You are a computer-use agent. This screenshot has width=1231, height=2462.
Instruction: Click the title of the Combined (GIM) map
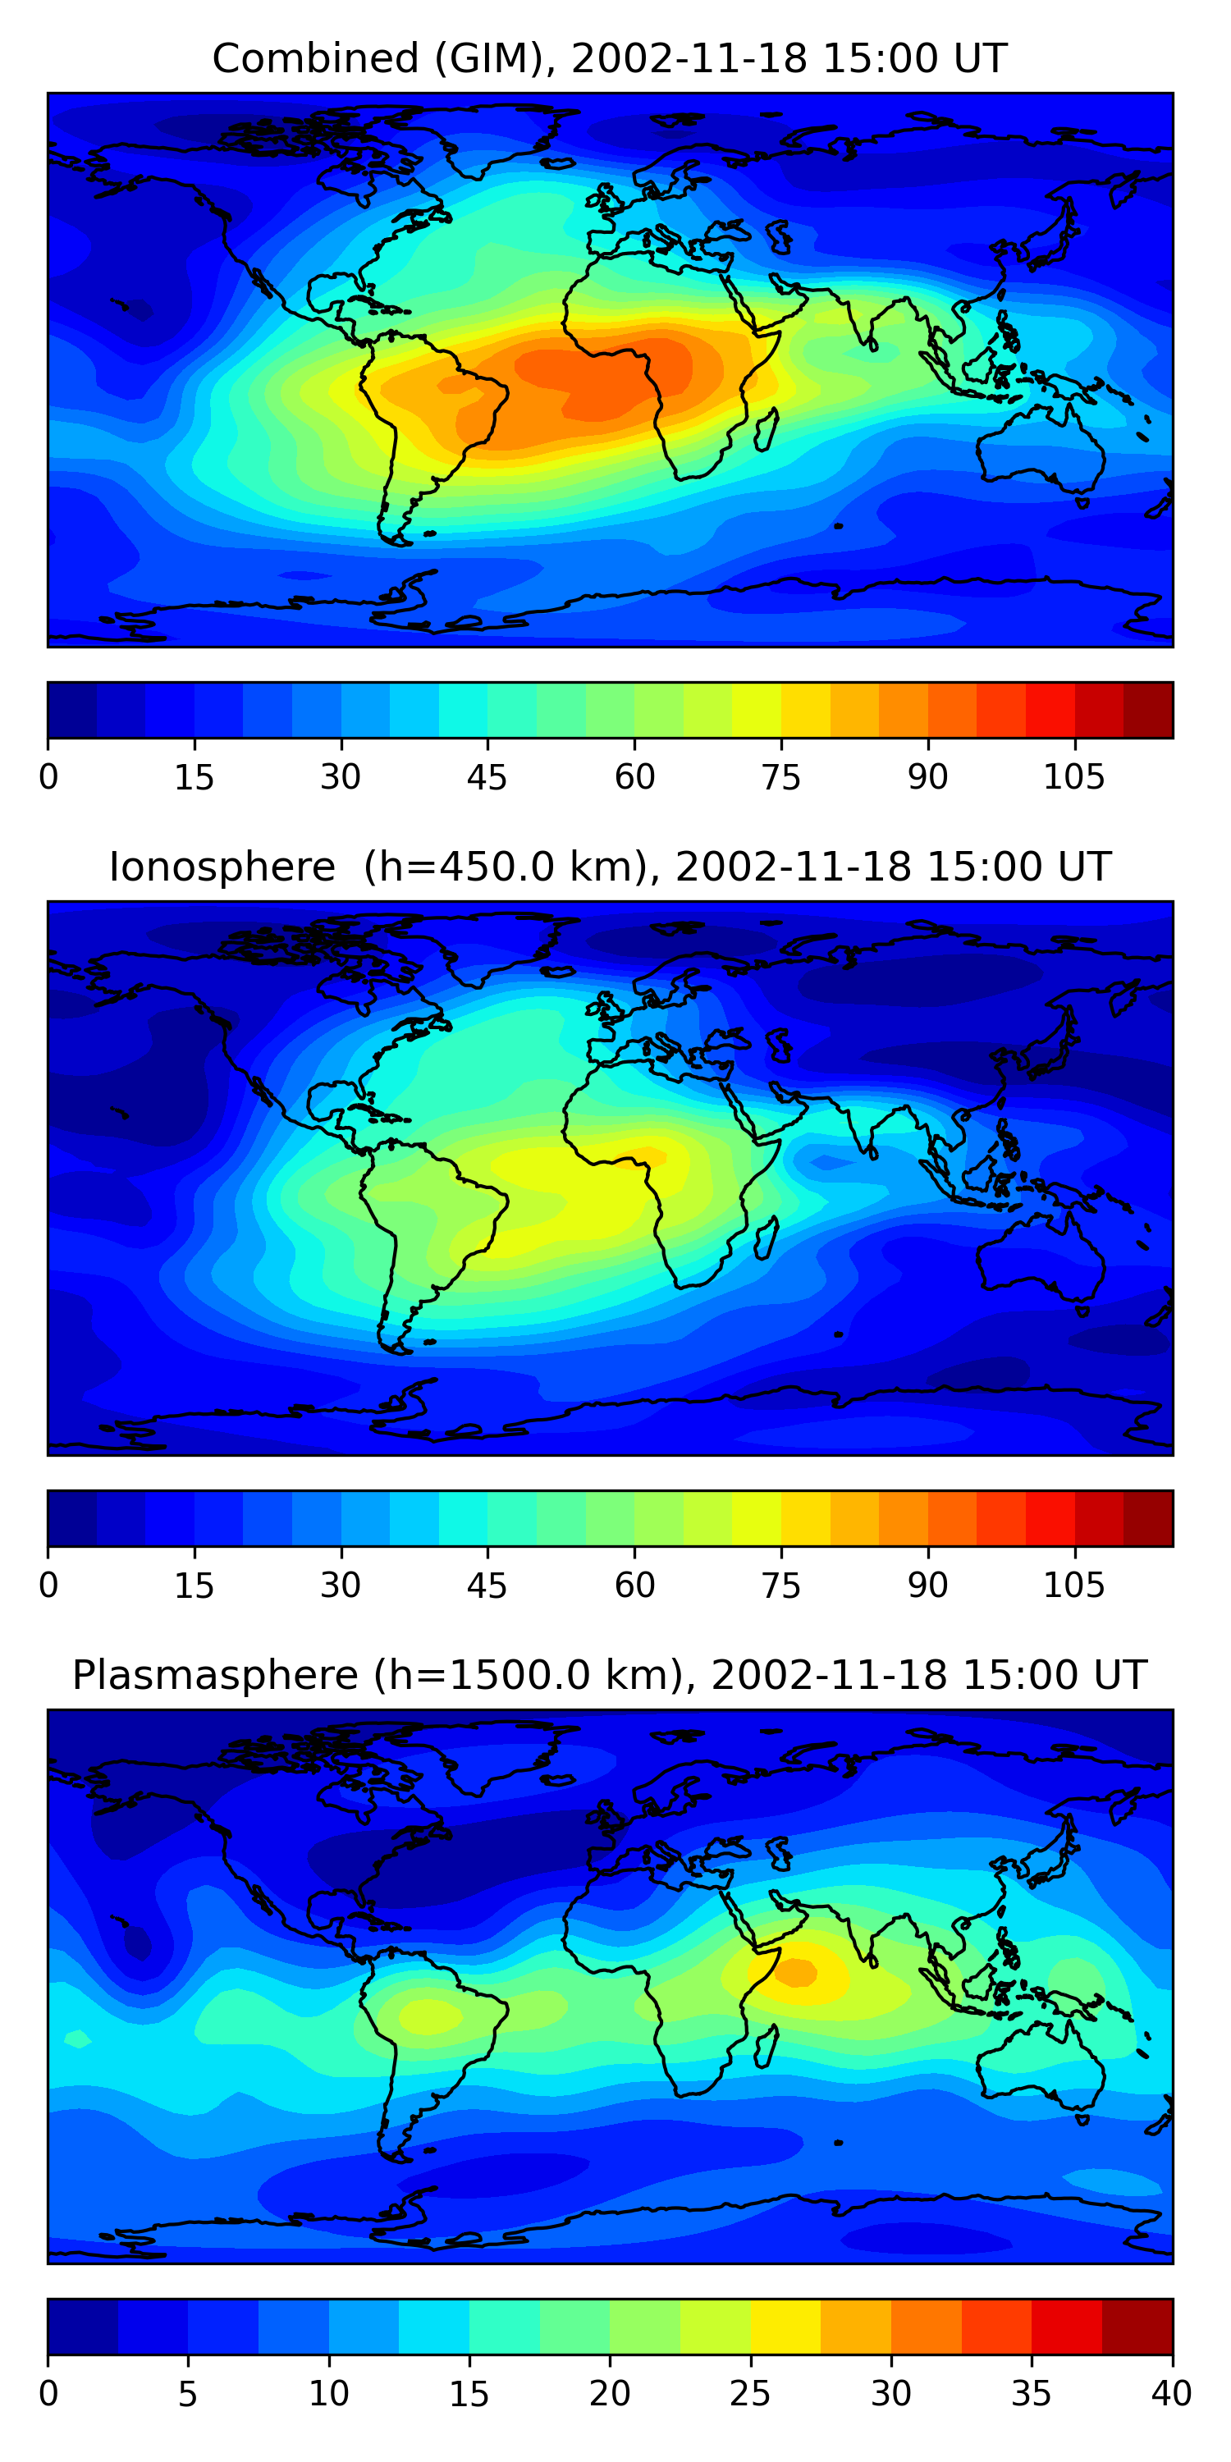click(x=609, y=59)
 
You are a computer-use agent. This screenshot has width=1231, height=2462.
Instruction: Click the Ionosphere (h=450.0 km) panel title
click(x=609, y=867)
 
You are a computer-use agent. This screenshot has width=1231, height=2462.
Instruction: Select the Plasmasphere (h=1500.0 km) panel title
click(x=609, y=1676)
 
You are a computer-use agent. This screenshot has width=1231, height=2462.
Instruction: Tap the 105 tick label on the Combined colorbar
click(x=1073, y=777)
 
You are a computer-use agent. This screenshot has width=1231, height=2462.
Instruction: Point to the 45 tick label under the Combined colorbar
click(x=487, y=777)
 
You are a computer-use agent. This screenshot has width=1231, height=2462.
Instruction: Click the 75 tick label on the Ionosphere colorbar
click(x=780, y=1585)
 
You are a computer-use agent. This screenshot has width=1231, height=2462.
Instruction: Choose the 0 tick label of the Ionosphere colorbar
click(x=48, y=1585)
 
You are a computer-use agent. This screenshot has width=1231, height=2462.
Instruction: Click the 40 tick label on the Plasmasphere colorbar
click(x=1171, y=2393)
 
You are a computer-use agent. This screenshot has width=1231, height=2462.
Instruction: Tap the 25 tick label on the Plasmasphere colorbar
click(x=749, y=2393)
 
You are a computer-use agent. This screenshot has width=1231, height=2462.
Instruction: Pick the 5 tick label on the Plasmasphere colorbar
click(x=187, y=2393)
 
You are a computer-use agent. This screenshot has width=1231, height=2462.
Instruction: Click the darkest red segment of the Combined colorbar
click(x=1148, y=710)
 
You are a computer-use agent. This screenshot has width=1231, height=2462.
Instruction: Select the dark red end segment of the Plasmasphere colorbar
click(x=1137, y=2327)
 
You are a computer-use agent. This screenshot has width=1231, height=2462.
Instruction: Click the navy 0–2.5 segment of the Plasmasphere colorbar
click(x=83, y=2327)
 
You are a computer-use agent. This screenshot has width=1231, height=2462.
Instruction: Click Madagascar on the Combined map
click(x=767, y=430)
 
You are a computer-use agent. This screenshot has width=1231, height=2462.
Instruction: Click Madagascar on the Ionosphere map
click(x=767, y=1238)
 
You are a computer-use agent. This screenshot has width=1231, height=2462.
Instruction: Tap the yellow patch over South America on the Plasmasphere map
click(x=428, y=2016)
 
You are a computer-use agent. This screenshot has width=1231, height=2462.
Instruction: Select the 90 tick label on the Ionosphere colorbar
click(x=927, y=1585)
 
